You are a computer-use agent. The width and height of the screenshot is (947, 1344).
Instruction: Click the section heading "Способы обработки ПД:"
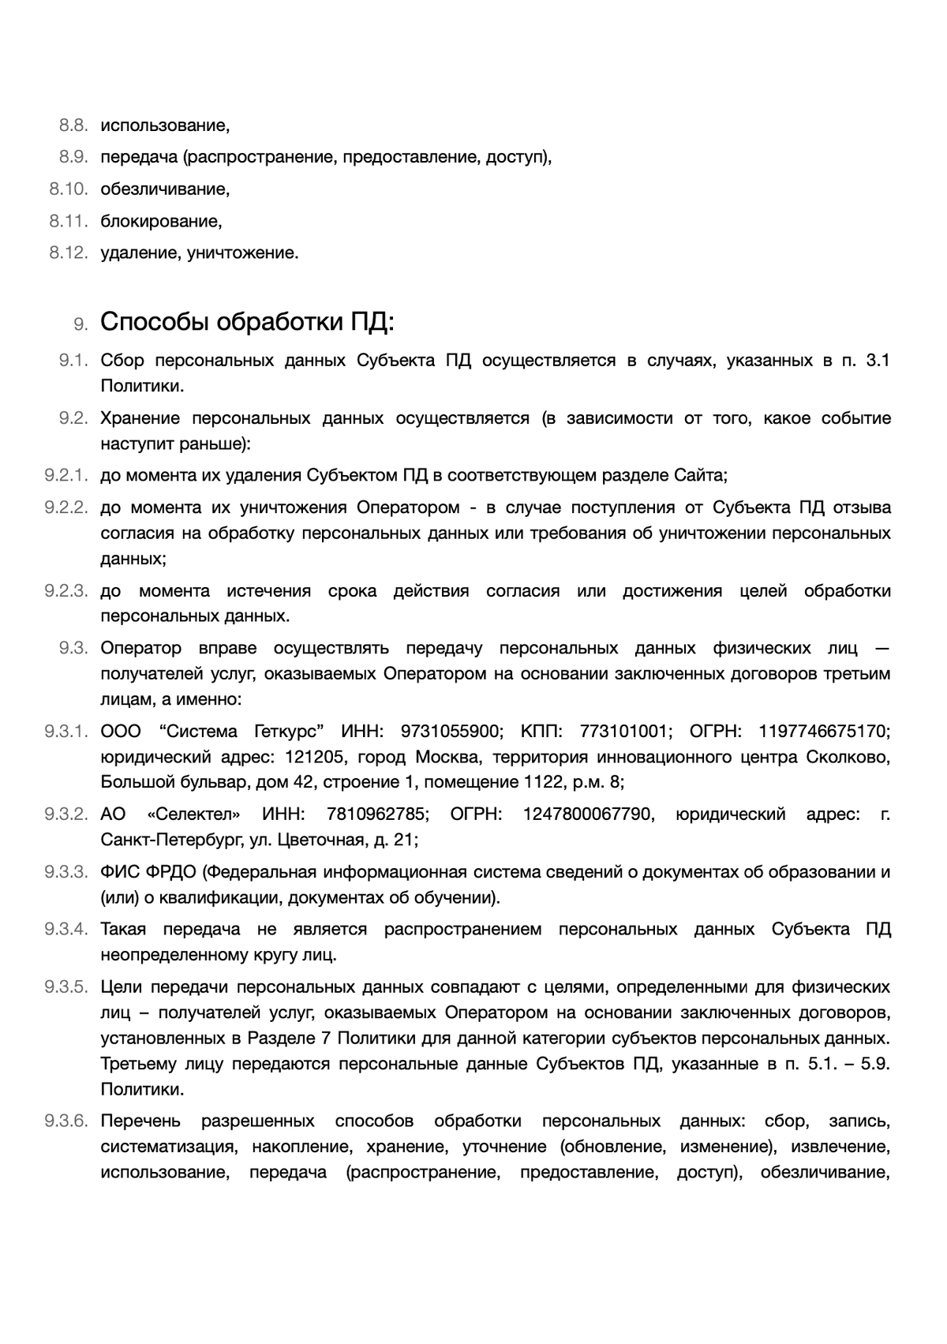tap(247, 323)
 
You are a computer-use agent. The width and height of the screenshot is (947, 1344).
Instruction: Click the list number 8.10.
tap(68, 189)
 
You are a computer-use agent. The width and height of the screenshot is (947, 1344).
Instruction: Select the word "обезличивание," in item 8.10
tap(165, 189)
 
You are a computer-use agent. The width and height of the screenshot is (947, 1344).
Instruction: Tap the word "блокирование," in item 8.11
tap(161, 222)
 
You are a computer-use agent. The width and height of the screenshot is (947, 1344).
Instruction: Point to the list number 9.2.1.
tap(66, 476)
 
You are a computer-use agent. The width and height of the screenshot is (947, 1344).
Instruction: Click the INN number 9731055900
tap(450, 732)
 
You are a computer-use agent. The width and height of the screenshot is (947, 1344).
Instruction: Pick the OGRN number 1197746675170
tap(825, 732)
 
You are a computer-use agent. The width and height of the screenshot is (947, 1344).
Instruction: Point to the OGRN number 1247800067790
tap(588, 814)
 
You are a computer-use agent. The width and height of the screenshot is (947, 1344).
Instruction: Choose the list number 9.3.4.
tap(66, 930)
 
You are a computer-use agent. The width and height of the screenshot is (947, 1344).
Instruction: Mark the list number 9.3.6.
tap(66, 1121)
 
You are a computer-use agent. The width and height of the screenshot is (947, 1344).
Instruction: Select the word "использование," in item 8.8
tap(165, 125)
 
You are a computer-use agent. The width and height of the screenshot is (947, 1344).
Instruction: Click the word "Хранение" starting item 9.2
tap(140, 418)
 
